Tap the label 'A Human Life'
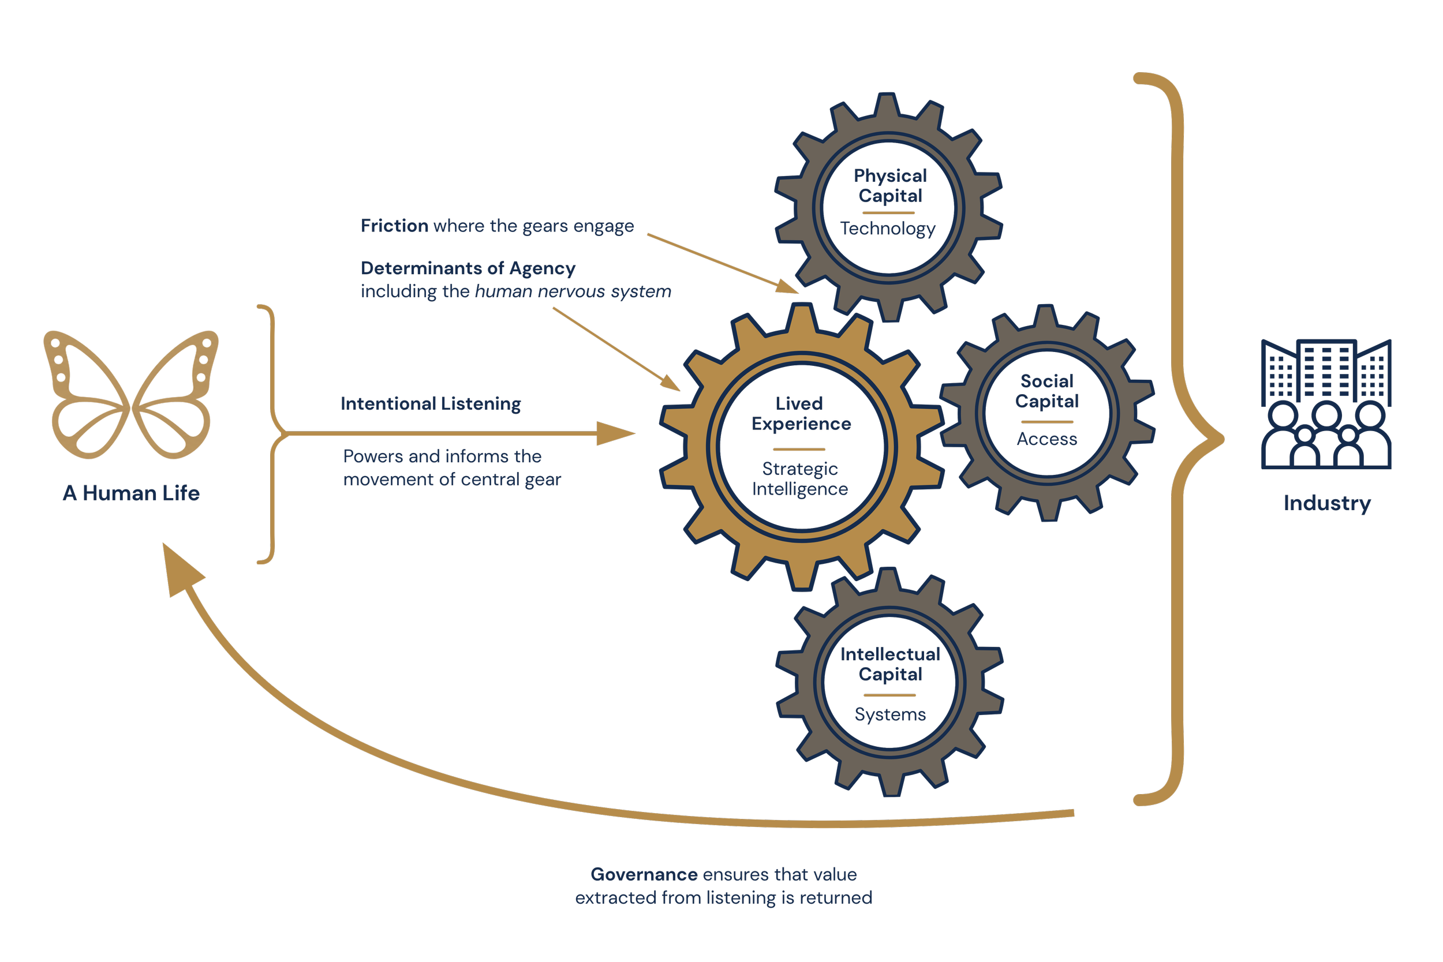click(x=131, y=493)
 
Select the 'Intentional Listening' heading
click(x=431, y=404)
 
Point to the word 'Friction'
click(x=394, y=226)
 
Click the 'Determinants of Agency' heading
click(x=468, y=269)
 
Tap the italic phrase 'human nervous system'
click(x=573, y=291)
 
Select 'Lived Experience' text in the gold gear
click(x=801, y=414)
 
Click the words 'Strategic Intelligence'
click(x=800, y=478)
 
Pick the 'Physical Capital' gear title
click(x=890, y=186)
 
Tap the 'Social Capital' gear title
click(x=1046, y=391)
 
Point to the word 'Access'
click(x=1046, y=439)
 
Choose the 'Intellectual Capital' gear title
click(x=890, y=664)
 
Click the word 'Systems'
click(x=890, y=715)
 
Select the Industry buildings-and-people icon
click(x=1326, y=404)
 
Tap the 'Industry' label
click(x=1327, y=504)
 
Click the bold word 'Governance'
click(x=644, y=874)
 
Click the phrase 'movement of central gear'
click(x=452, y=480)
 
